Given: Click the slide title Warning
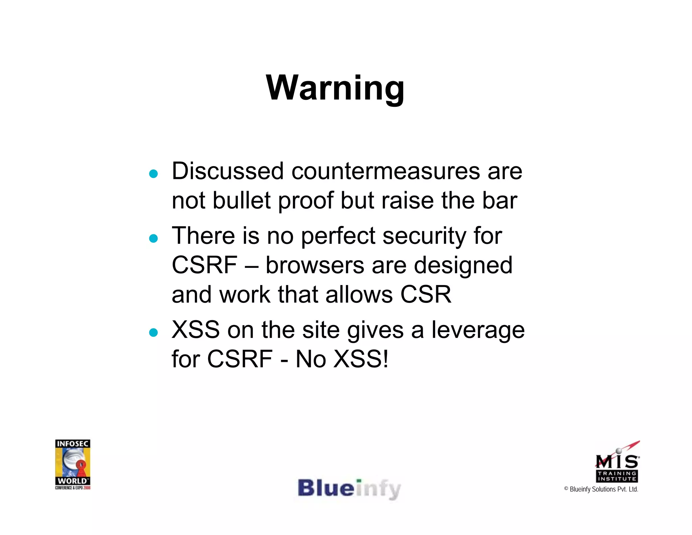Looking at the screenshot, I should [335, 88].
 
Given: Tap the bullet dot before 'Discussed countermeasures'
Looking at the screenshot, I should [153, 174].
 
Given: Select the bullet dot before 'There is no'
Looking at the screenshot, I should [153, 238].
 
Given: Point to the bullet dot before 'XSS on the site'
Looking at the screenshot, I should [153, 332].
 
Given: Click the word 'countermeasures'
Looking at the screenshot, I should [385, 171].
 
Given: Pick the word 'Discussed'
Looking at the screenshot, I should [228, 171].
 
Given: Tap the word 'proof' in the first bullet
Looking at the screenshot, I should [305, 201].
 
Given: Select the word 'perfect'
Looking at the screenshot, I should [338, 236].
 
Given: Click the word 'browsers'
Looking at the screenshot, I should [315, 265].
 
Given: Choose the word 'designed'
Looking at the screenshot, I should [463, 266].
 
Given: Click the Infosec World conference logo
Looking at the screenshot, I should [73, 464].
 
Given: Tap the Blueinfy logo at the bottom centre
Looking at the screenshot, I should [349, 489].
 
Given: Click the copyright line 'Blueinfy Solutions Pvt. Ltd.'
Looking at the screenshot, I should [601, 489].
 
